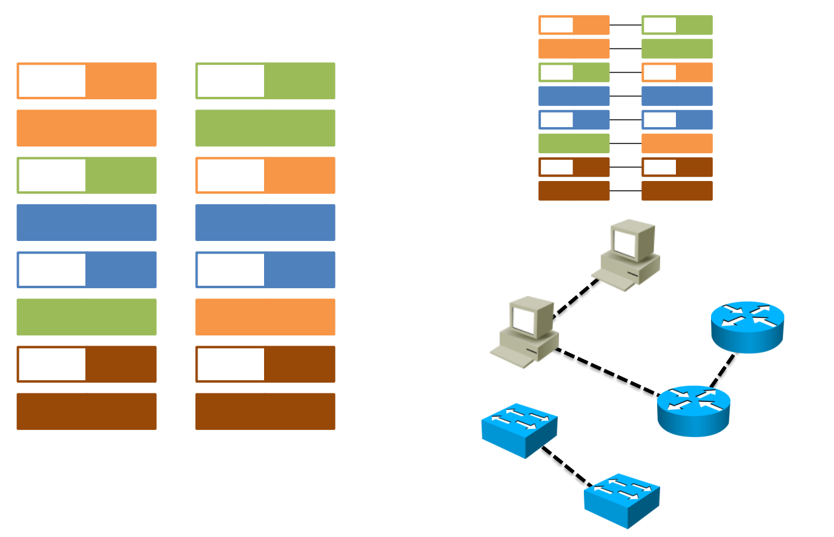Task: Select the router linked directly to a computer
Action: click(693, 410)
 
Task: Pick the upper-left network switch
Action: click(519, 429)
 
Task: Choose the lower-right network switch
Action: click(621, 499)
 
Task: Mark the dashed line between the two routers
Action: click(722, 370)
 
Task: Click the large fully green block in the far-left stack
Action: click(87, 317)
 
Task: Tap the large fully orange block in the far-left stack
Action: click(87, 128)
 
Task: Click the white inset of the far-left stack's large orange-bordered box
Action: click(52, 81)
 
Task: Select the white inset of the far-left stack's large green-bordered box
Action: click(52, 175)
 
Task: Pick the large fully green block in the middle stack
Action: click(265, 128)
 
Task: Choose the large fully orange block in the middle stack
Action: click(265, 317)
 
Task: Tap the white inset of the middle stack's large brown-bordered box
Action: click(231, 364)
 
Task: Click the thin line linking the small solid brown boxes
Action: click(626, 191)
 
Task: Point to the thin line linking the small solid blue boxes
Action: click(626, 96)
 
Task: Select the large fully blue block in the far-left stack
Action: click(87, 222)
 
